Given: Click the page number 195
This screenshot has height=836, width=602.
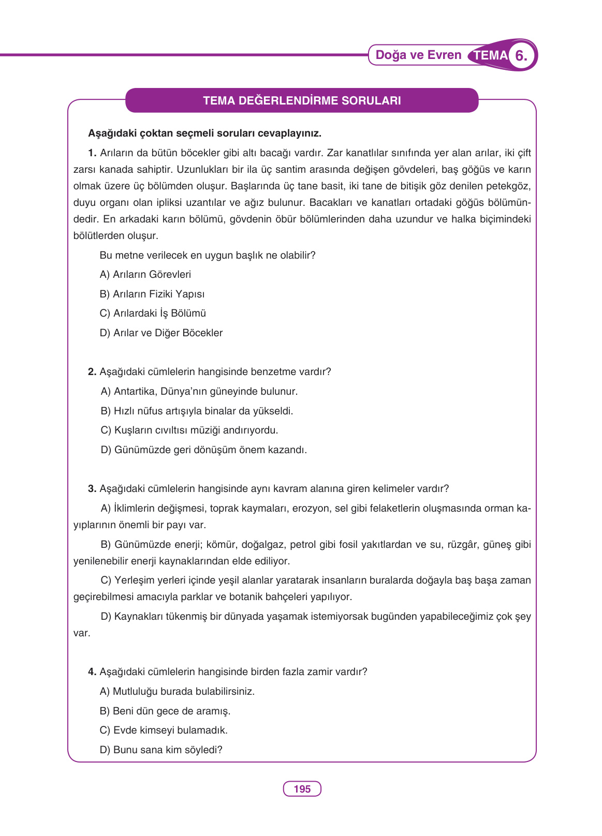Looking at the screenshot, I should click(302, 789).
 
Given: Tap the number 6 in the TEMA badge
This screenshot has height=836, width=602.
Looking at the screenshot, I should click(521, 55).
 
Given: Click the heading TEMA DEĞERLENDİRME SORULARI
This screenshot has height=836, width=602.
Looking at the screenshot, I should click(302, 100).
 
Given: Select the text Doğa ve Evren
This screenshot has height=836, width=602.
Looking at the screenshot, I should click(418, 55).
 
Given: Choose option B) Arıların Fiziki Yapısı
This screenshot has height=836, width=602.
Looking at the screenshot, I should click(152, 294).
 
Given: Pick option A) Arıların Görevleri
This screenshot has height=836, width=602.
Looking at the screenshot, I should click(145, 274).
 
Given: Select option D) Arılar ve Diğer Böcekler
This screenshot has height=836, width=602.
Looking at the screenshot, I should click(161, 333).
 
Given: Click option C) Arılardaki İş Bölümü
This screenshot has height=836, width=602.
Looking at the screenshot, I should click(153, 313).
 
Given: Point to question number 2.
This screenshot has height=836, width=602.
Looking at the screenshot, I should click(92, 372).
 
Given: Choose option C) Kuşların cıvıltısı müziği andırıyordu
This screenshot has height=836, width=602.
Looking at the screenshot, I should click(189, 430).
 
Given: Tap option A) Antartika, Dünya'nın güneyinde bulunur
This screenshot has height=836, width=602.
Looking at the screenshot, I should click(199, 391).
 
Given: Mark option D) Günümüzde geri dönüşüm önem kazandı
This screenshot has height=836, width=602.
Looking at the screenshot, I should click(204, 450).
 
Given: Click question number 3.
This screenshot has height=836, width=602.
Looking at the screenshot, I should click(92, 489).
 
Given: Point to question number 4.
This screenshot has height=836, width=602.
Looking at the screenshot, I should click(92, 672).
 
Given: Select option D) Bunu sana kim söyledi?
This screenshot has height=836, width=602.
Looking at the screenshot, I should click(161, 750).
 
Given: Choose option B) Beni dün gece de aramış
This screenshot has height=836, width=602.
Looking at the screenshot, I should click(165, 711).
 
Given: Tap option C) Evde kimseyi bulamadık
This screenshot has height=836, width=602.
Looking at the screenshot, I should click(164, 730).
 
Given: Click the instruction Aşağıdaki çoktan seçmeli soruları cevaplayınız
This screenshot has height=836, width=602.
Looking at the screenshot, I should click(204, 133).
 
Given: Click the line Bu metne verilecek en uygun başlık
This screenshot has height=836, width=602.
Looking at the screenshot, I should click(207, 255).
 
